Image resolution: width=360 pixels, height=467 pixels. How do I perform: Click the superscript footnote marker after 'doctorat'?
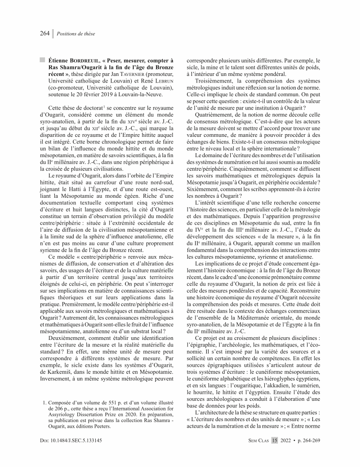103,108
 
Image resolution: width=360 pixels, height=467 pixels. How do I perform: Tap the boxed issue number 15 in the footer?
275,440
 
